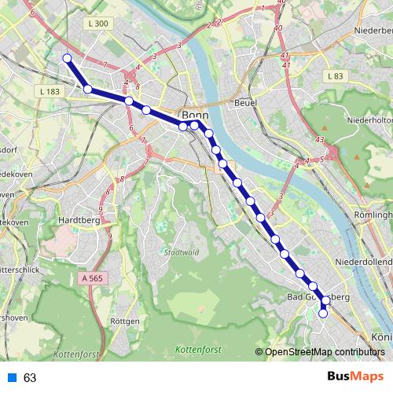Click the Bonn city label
coord(194,114)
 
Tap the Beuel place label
coord(246,103)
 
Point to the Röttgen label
coord(126,321)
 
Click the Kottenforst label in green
coord(197,348)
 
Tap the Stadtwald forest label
coord(180,253)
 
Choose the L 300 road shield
coord(98,24)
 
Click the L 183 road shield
coord(49,92)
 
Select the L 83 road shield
coord(334,76)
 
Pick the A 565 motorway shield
coord(92,278)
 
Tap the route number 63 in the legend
coord(30,378)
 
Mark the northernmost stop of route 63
coord(67,58)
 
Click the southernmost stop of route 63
coord(322,314)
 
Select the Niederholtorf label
coord(369,120)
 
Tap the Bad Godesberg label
coord(318,297)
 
